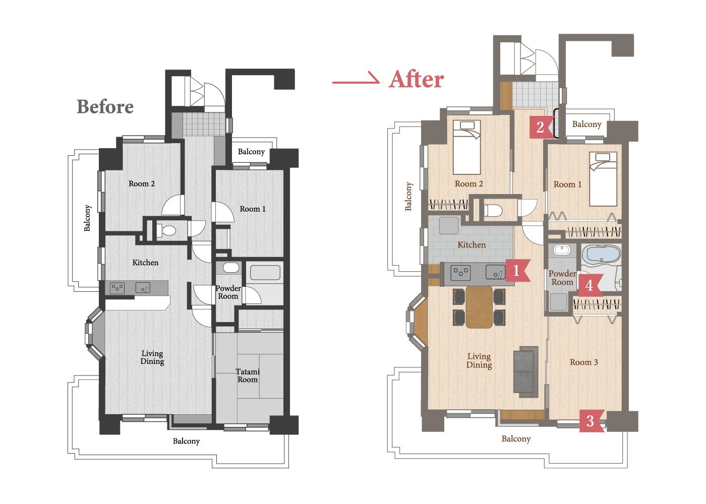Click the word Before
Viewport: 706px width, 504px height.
click(x=105, y=106)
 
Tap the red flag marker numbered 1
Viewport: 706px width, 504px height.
click(x=518, y=270)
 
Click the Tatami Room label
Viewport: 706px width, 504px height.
click(x=248, y=375)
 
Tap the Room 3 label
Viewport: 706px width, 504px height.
click(x=584, y=362)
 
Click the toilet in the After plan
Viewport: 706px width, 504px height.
click(x=493, y=210)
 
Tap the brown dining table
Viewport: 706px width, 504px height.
click(x=479, y=307)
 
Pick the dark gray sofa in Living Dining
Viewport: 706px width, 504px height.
click(x=525, y=372)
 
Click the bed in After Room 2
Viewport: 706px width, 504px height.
click(x=467, y=147)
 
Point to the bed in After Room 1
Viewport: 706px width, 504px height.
click(x=603, y=179)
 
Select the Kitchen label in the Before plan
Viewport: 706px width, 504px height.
click(x=145, y=263)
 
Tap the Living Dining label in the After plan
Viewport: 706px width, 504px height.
click(x=479, y=361)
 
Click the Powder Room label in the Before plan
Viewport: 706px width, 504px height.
click(x=228, y=292)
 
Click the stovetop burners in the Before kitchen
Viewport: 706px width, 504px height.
click(x=117, y=288)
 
